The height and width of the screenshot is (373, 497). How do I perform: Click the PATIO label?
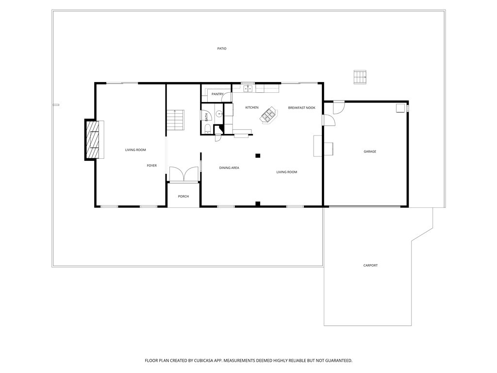(x=221, y=49)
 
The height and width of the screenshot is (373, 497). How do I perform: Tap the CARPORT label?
(x=370, y=265)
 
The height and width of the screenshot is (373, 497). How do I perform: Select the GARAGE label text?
(x=370, y=152)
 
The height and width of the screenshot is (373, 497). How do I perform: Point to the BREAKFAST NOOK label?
(x=301, y=107)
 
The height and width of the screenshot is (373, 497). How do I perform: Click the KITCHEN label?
(x=251, y=107)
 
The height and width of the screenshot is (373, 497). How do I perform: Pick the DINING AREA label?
(x=229, y=168)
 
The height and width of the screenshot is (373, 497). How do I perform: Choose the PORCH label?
(x=183, y=196)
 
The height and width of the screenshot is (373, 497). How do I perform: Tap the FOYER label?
(x=152, y=166)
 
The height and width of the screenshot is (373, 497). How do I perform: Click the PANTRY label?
(x=217, y=94)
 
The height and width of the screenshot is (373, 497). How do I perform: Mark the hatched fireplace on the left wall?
(x=92, y=139)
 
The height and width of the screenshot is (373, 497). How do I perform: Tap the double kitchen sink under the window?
(x=248, y=88)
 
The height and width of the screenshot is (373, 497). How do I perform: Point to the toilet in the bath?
(x=207, y=129)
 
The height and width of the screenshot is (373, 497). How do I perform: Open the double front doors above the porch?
(x=183, y=174)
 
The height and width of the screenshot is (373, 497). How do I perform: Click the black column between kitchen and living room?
(x=258, y=155)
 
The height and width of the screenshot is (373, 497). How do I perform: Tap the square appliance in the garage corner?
(x=400, y=108)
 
